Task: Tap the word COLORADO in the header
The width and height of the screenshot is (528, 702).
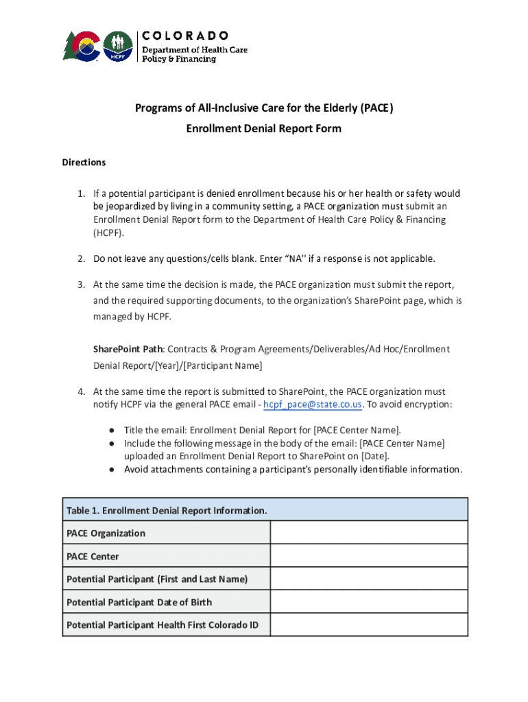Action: pyautogui.click(x=185, y=35)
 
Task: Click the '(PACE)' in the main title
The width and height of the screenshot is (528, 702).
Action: pyautogui.click(x=375, y=108)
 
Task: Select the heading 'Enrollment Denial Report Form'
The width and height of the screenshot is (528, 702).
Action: pyautogui.click(x=264, y=129)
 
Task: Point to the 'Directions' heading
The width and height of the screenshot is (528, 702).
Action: pyautogui.click(x=84, y=162)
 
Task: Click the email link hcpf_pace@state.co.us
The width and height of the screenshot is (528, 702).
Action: pyautogui.click(x=313, y=404)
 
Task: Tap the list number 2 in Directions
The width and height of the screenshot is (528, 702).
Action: pyautogui.click(x=80, y=258)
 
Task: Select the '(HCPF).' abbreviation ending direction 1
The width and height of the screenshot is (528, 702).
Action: pyautogui.click(x=109, y=232)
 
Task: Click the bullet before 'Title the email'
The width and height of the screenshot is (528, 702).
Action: pyautogui.click(x=111, y=431)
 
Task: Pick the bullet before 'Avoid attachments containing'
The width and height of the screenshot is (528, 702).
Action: pyautogui.click(x=111, y=470)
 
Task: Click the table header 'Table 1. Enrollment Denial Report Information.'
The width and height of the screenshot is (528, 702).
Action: pyautogui.click(x=167, y=511)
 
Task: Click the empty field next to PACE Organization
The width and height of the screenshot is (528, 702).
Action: pyautogui.click(x=369, y=533)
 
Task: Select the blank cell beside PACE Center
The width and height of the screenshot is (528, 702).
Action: pyautogui.click(x=369, y=556)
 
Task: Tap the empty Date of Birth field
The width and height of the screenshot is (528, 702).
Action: pyautogui.click(x=369, y=602)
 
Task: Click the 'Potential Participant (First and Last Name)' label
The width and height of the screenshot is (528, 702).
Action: pyautogui.click(x=157, y=579)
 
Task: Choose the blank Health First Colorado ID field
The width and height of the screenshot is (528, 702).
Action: pyautogui.click(x=369, y=625)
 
